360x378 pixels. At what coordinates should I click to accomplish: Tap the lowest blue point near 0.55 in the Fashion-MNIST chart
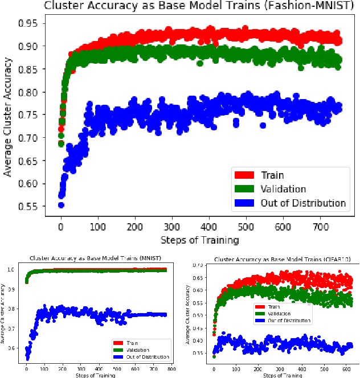point(61,205)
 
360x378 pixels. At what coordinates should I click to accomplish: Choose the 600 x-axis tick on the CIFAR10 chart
point(347,369)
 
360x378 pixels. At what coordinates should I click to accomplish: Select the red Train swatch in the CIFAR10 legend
point(260,307)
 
